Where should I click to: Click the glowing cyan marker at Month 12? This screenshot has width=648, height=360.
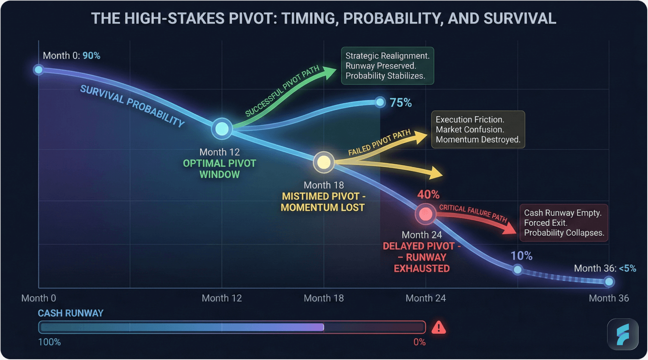pyautogui.click(x=222, y=129)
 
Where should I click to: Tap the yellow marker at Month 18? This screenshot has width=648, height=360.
pyautogui.click(x=323, y=162)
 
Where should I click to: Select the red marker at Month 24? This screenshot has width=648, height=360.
pyautogui.click(x=425, y=214)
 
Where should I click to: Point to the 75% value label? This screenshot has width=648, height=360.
pyautogui.click(x=400, y=103)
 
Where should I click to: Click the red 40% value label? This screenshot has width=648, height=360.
pyautogui.click(x=428, y=195)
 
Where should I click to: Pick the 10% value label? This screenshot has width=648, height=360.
pyautogui.click(x=521, y=256)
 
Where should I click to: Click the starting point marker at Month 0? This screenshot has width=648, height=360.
pyautogui.click(x=38, y=70)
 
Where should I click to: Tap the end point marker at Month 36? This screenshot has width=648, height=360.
pyautogui.click(x=609, y=282)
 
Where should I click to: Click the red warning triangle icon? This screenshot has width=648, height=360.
pyautogui.click(x=439, y=327)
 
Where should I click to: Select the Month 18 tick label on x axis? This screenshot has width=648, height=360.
pyautogui.click(x=323, y=298)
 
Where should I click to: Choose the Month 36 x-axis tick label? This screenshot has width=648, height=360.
pyautogui.click(x=608, y=298)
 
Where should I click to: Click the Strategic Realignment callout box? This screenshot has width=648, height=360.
pyautogui.click(x=387, y=66)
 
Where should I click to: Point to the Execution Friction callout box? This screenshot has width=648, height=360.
pyautogui.click(x=478, y=129)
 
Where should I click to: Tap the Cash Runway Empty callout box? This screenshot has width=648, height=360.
pyautogui.click(x=563, y=223)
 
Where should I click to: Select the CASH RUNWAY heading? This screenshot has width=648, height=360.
pyautogui.click(x=70, y=313)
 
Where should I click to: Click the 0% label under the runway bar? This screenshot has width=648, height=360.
pyautogui.click(x=419, y=342)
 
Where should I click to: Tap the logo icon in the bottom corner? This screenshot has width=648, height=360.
pyautogui.click(x=623, y=335)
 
